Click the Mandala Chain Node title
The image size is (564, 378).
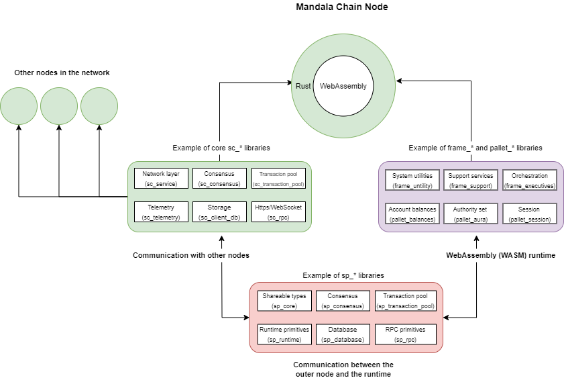(342, 7)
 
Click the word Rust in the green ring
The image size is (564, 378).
(302, 86)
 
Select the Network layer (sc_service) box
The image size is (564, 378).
(161, 178)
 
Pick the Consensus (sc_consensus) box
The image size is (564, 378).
(219, 178)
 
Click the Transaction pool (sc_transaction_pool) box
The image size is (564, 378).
(278, 178)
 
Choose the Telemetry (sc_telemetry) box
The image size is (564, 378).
(161, 211)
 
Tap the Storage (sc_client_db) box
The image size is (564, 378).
(219, 211)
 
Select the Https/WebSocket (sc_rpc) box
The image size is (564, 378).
(278, 211)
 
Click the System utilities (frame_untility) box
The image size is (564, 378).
(412, 180)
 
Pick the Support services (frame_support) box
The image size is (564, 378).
(471, 180)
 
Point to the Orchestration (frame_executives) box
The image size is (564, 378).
(529, 180)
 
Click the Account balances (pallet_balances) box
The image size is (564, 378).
(412, 214)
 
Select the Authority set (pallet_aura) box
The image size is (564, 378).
(471, 214)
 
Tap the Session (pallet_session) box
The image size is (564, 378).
(529, 214)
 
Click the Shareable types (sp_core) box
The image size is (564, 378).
(285, 300)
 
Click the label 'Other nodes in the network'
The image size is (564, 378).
(62, 73)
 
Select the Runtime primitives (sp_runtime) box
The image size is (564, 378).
(285, 334)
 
